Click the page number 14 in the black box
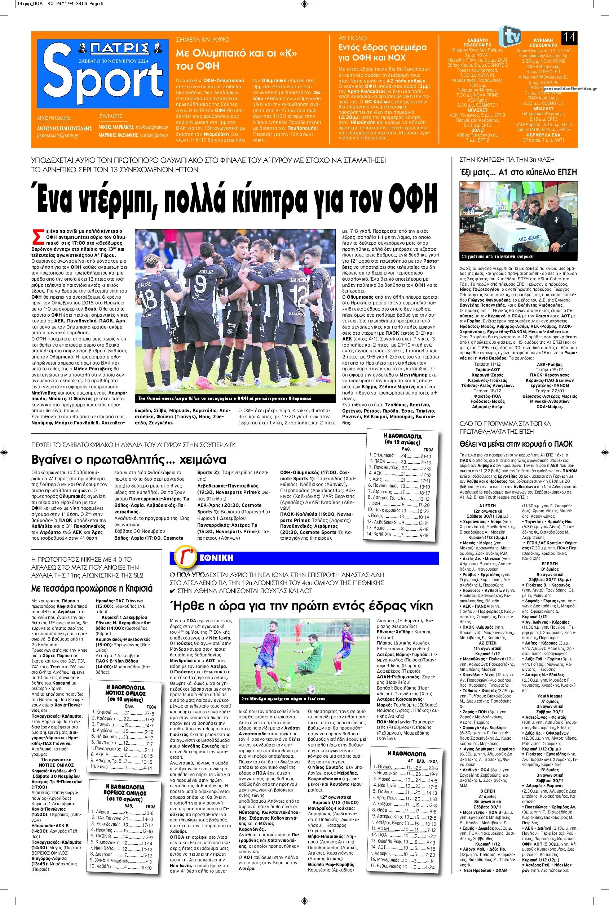[569, 37]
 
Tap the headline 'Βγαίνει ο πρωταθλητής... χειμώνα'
[129, 459]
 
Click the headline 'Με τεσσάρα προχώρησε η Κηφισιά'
[92, 588]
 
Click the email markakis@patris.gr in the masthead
[155, 127]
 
